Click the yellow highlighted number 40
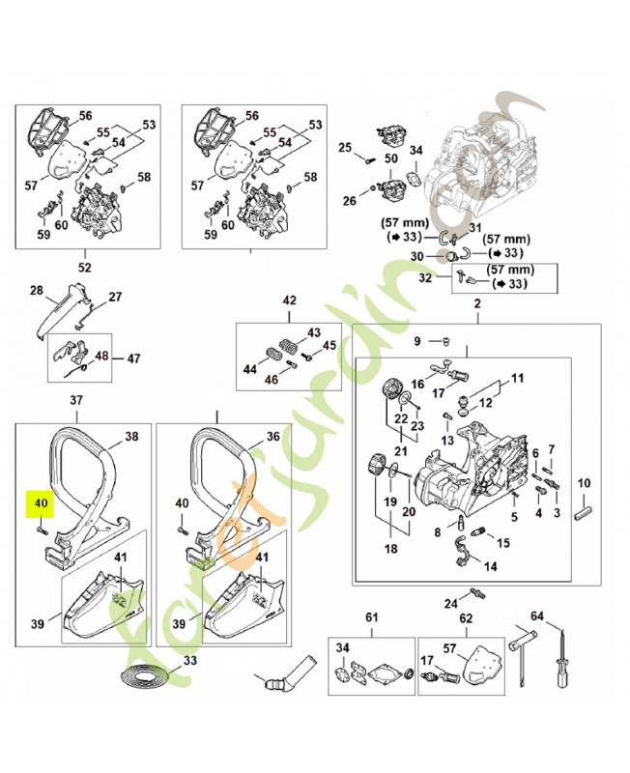[41, 502]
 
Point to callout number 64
[537, 616]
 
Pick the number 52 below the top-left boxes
[84, 267]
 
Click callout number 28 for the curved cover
[37, 290]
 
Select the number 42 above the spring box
[289, 301]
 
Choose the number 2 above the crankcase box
[475, 305]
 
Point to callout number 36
[272, 436]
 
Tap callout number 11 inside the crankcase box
[516, 378]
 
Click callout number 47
[133, 357]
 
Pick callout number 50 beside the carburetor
[391, 157]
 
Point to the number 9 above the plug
[417, 341]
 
